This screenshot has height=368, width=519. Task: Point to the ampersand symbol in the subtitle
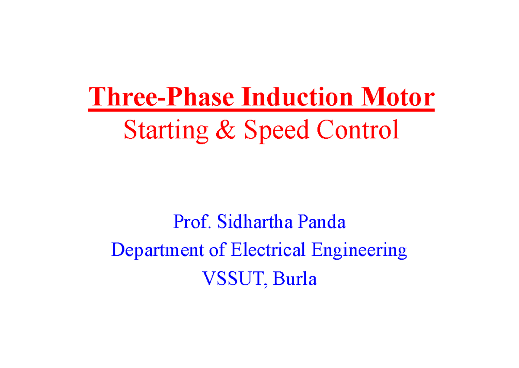(x=225, y=130)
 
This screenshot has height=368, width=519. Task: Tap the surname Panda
(x=325, y=222)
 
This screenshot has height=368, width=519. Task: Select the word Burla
(x=295, y=279)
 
